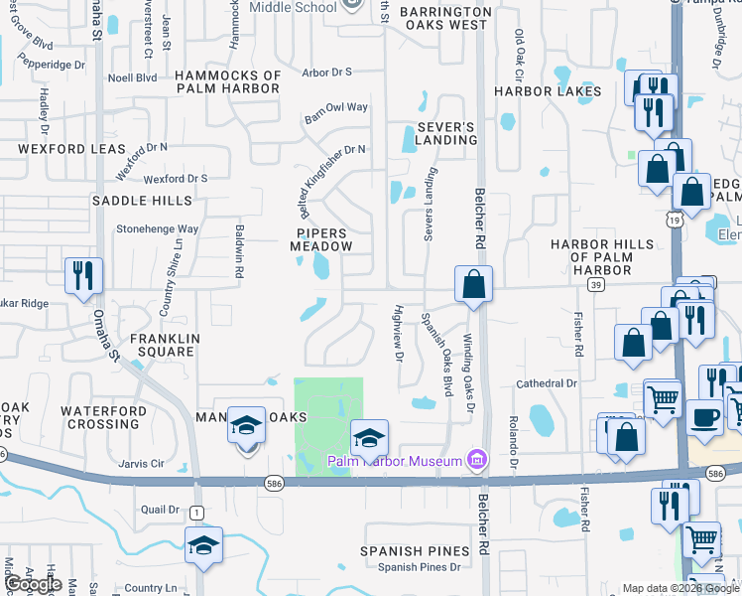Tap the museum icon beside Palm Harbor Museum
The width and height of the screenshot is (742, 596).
point(476,460)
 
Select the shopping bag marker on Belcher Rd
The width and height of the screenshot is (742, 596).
point(474,284)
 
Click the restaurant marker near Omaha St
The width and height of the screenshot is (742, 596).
point(81,276)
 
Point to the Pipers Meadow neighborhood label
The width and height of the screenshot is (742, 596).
point(320,238)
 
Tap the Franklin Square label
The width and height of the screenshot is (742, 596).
point(159,345)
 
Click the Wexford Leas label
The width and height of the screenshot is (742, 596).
point(70,149)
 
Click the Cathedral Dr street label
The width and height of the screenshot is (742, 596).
point(546,383)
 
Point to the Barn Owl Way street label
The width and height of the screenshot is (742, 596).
point(336,112)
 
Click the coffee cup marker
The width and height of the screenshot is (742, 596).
point(704,416)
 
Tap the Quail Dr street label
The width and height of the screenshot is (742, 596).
point(160,510)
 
